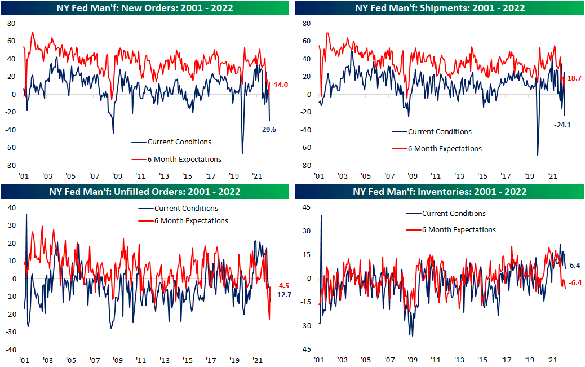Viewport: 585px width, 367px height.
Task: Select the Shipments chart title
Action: coord(440,8)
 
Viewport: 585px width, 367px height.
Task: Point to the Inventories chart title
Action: coord(440,192)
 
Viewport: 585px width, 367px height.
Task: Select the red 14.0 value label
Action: coord(280,85)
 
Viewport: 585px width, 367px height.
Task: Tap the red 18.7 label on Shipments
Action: coord(573,79)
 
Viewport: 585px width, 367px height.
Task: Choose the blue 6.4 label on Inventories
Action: coord(575,265)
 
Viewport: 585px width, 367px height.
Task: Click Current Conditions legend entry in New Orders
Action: coord(179,142)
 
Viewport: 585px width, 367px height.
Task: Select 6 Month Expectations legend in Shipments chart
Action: coord(445,149)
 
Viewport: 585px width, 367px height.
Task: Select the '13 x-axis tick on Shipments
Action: coord(459,175)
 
